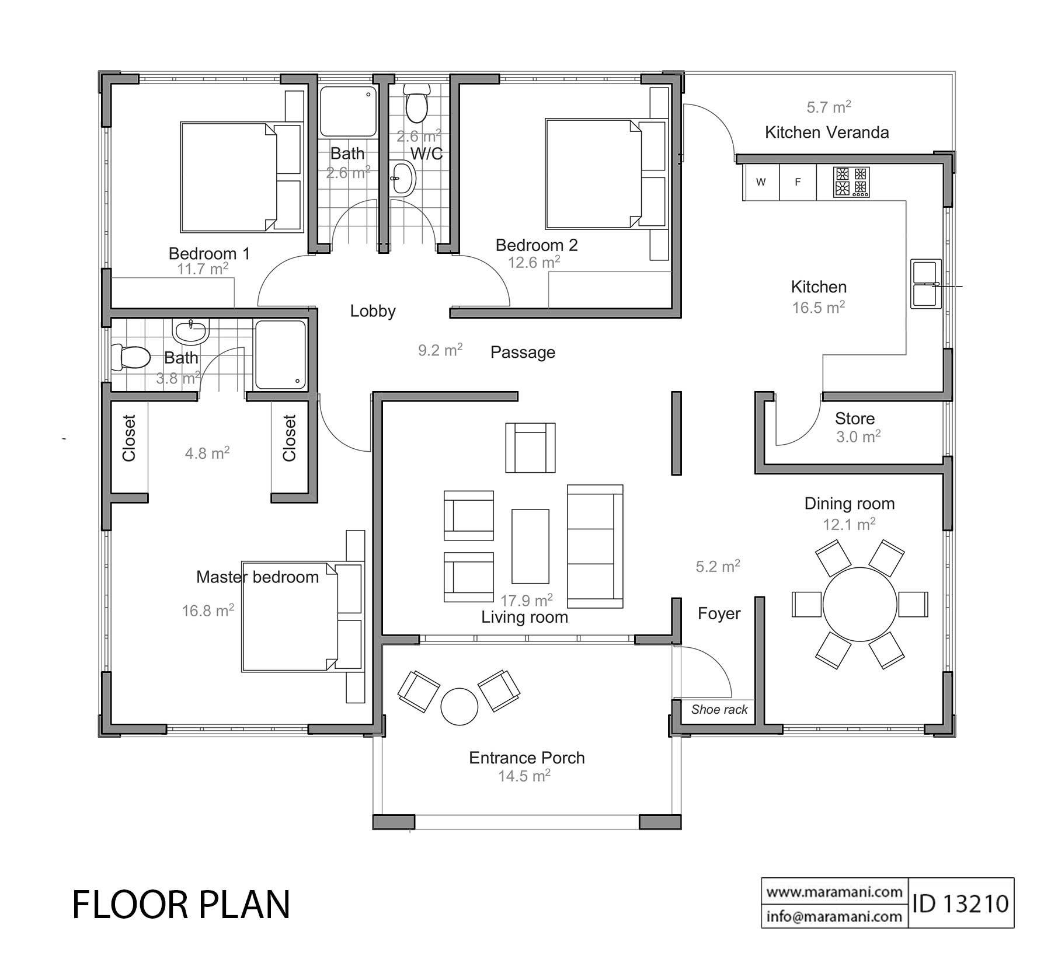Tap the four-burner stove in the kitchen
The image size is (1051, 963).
[x=851, y=182]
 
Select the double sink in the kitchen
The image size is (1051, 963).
[x=925, y=284]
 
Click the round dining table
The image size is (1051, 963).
[x=859, y=604]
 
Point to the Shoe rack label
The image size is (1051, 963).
[x=719, y=710]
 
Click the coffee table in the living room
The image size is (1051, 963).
[x=530, y=546]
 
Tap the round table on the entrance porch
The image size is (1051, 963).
[x=460, y=706]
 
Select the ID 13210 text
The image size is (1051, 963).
[x=960, y=903]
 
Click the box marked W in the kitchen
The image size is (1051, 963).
[x=761, y=182]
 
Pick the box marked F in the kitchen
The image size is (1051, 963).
[x=798, y=182]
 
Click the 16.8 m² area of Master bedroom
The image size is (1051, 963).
[x=208, y=611]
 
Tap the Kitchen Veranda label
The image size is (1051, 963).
[x=827, y=132]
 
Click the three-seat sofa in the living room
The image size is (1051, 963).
[x=595, y=546]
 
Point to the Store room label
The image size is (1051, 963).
[x=854, y=418]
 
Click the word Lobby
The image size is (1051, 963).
[x=373, y=311]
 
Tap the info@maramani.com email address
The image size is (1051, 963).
[x=834, y=916]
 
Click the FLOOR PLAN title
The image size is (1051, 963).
[x=181, y=905]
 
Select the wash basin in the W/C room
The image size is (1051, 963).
[x=403, y=177]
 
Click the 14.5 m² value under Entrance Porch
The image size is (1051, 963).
[x=524, y=776]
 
